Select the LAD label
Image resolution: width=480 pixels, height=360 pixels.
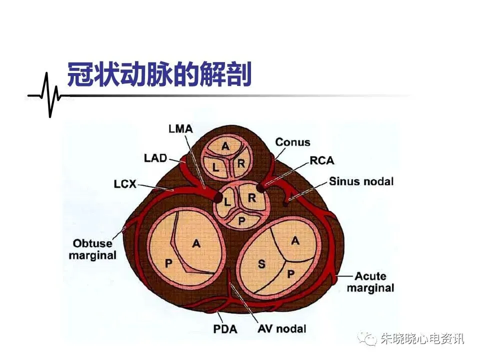coord(156,158)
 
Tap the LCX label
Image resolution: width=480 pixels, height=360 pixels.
coord(124,184)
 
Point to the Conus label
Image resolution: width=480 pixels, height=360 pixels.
coord(292,142)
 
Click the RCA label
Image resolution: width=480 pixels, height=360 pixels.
coord(321,160)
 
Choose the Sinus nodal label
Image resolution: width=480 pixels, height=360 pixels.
coord(361,181)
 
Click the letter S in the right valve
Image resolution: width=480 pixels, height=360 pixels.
coord(261,264)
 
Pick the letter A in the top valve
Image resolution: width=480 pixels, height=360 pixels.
coord(226,146)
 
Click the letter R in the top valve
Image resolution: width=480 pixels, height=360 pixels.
coord(241,163)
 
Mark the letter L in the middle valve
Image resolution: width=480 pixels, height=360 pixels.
coord(227,202)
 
